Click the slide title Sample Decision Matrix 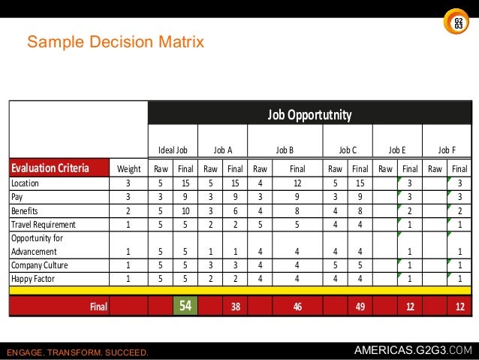(116, 42)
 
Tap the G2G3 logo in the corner (458, 23)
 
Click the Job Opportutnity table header (309, 115)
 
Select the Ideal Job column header (173, 150)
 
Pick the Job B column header (285, 150)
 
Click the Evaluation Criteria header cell (50, 168)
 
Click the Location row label (26, 183)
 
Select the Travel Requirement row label (43, 224)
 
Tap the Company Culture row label (39, 265)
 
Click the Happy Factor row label (33, 278)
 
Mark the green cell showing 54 (185, 306)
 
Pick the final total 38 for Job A (235, 307)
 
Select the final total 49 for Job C (360, 307)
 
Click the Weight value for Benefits (127, 210)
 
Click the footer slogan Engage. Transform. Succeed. (77, 352)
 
